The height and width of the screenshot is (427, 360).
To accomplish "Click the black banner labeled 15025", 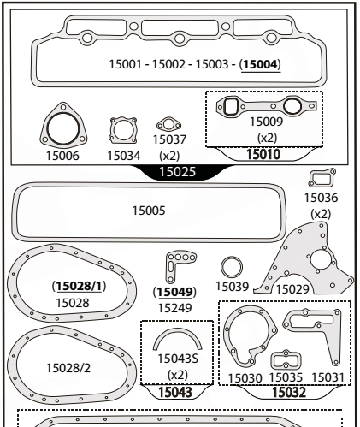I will (180, 172).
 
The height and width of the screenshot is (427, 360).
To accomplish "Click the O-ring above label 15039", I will (231, 266).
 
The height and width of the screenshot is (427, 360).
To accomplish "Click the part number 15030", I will (245, 377).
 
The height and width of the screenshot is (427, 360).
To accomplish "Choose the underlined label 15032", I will (286, 392).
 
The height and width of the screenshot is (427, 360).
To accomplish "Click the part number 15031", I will (328, 377).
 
